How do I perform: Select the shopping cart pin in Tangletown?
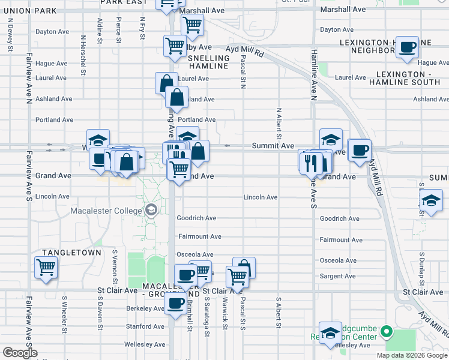point(46,268)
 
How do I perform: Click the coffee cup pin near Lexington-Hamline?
point(408,47)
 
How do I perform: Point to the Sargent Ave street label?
point(338,276)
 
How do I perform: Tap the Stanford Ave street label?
point(146,326)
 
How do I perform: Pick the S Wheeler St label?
point(64,312)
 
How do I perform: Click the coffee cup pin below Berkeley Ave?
point(176,304)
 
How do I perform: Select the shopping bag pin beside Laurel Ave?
point(166,83)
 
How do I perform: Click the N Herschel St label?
point(82,50)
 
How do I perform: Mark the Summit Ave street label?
point(273,146)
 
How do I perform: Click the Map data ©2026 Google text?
point(411,355)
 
